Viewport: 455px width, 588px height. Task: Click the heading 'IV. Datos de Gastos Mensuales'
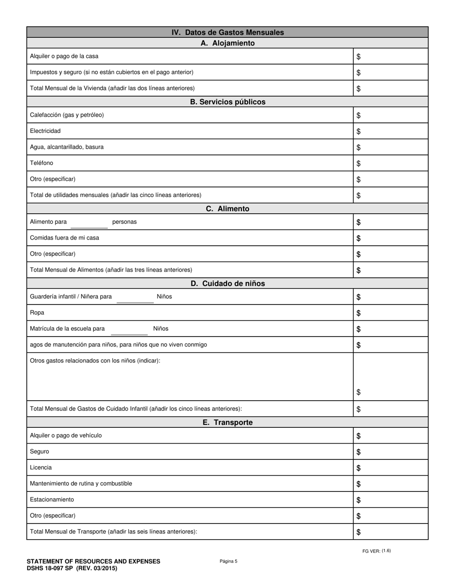coord(227,33)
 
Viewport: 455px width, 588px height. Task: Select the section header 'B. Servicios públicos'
coord(227,102)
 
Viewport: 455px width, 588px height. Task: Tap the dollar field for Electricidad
coord(390,131)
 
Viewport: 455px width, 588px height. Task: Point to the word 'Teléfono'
coord(42,163)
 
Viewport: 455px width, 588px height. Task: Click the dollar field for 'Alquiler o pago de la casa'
coord(390,56)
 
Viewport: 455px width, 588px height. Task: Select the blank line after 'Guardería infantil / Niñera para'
coord(135,298)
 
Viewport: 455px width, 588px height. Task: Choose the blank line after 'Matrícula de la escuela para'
coord(129,330)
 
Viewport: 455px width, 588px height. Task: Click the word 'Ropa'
coord(37,313)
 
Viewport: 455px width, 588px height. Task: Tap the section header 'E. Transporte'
coord(227,423)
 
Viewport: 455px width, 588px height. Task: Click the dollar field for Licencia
coord(390,468)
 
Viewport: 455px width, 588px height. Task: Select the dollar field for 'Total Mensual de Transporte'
coord(390,532)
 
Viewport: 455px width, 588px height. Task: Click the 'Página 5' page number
coord(228,561)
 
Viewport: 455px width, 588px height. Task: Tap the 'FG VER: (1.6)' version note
coord(376,551)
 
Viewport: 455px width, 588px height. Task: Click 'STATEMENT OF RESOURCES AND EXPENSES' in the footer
coord(93,561)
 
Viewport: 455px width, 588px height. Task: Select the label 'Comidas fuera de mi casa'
coord(65,238)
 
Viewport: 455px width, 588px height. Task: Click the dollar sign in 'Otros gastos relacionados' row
coord(359,392)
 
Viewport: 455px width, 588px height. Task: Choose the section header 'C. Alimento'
coord(227,209)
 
